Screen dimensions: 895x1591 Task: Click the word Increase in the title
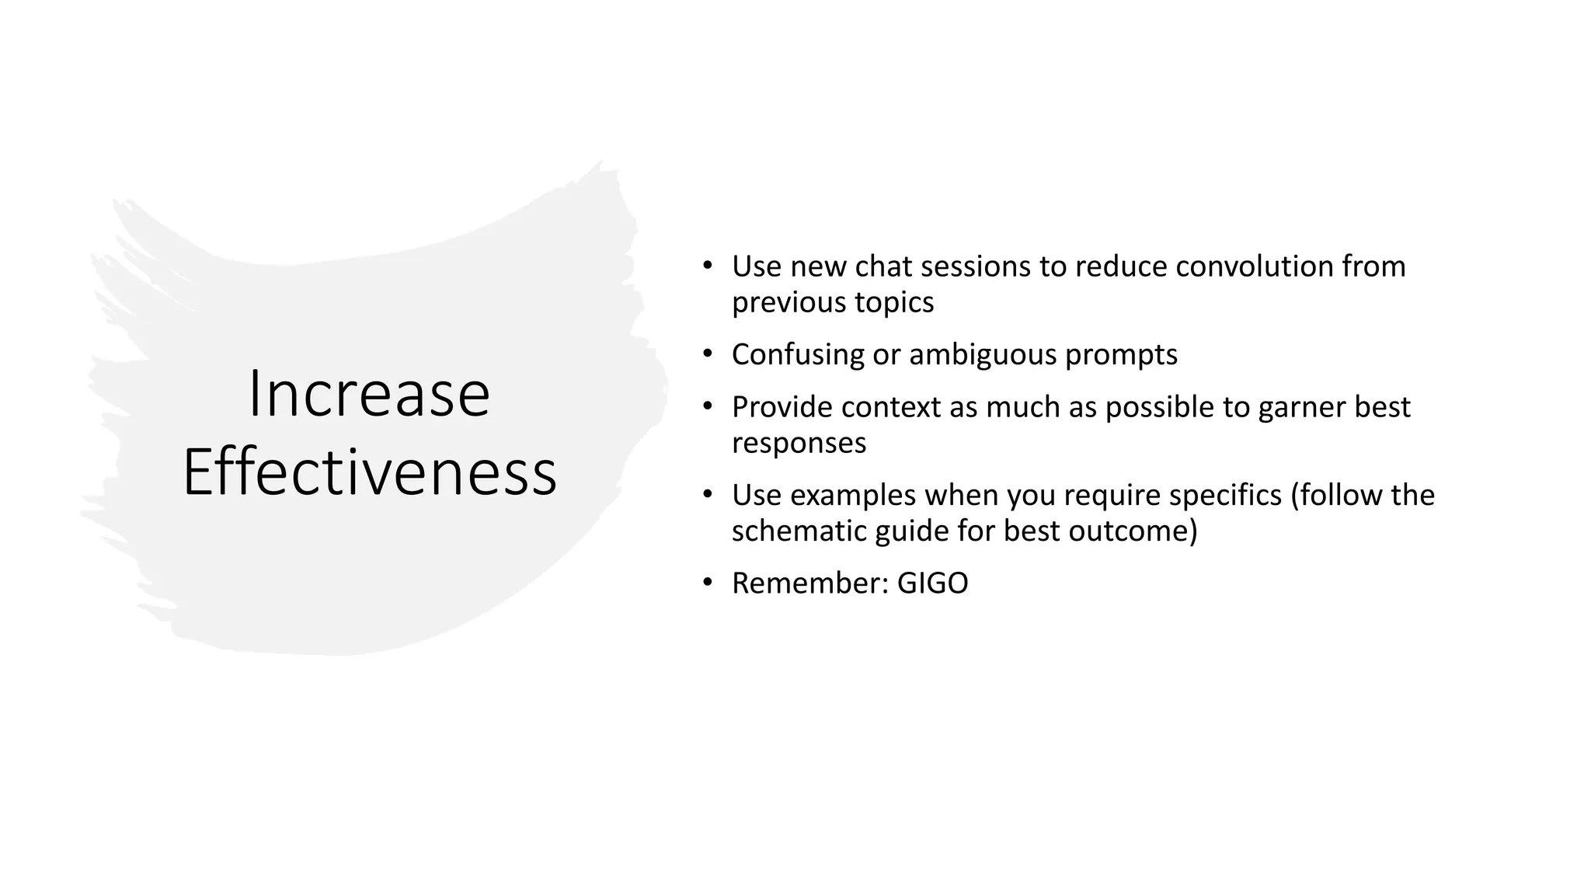pyautogui.click(x=369, y=395)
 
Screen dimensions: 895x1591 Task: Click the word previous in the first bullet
pyautogui.click(x=789, y=303)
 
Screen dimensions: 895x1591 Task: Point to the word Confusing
pyautogui.click(x=797, y=355)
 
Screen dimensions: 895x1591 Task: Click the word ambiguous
pyautogui.click(x=982, y=355)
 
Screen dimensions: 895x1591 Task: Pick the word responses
pyautogui.click(x=799, y=443)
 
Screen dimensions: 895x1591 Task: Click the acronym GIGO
pyautogui.click(x=932, y=583)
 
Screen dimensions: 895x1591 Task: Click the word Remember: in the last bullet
pyautogui.click(x=809, y=583)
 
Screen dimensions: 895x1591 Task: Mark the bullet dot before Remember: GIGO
pyautogui.click(x=707, y=583)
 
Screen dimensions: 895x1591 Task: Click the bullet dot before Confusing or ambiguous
pyautogui.click(x=707, y=354)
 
